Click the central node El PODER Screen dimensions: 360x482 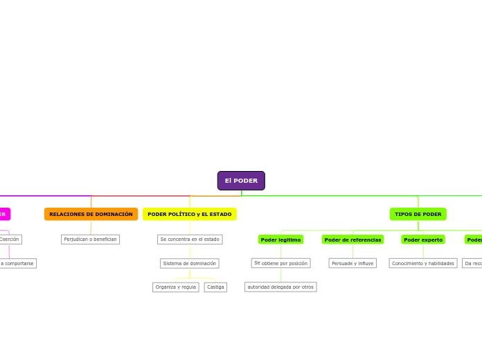pyautogui.click(x=241, y=181)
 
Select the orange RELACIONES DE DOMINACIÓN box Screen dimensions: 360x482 pyautogui.click(x=91, y=215)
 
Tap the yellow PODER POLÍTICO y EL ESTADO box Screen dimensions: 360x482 pyautogui.click(x=189, y=215)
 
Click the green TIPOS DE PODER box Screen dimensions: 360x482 pyautogui.click(x=418, y=215)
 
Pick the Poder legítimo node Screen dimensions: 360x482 pyautogui.click(x=280, y=240)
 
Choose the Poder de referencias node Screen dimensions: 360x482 pyautogui.click(x=352, y=240)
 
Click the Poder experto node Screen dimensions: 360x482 pyautogui.click(x=423, y=240)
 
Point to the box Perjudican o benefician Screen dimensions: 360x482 pyautogui.click(x=90, y=240)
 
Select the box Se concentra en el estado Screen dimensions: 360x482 pyautogui.click(x=190, y=240)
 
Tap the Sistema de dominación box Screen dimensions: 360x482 pyautogui.click(x=190, y=263)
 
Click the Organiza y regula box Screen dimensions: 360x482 pyautogui.click(x=175, y=287)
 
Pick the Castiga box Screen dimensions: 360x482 pyautogui.click(x=215, y=287)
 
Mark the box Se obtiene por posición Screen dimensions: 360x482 pyautogui.click(x=280, y=263)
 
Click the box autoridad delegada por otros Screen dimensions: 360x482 pyautogui.click(x=280, y=287)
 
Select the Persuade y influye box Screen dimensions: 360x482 pyautogui.click(x=352, y=263)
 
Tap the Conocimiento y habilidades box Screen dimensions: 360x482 pyautogui.click(x=423, y=263)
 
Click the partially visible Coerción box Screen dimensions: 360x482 pyautogui.click(x=10, y=240)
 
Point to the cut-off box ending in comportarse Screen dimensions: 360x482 pyautogui.click(x=17, y=263)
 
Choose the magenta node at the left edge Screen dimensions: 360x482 pyautogui.click(x=4, y=215)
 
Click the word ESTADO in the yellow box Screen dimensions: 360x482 pyautogui.click(x=220, y=215)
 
